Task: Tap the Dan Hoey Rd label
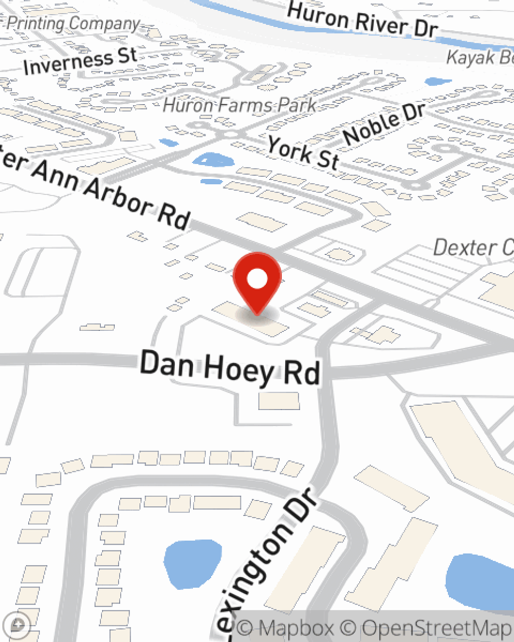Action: pyautogui.click(x=230, y=368)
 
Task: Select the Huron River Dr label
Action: pyautogui.click(x=362, y=20)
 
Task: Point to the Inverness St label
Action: pyautogui.click(x=80, y=61)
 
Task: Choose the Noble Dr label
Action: pyautogui.click(x=384, y=124)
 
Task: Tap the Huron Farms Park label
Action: pyautogui.click(x=240, y=106)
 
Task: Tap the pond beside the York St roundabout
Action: pyautogui.click(x=213, y=160)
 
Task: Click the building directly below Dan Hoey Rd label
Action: pyautogui.click(x=279, y=401)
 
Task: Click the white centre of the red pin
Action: pyautogui.click(x=257, y=279)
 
